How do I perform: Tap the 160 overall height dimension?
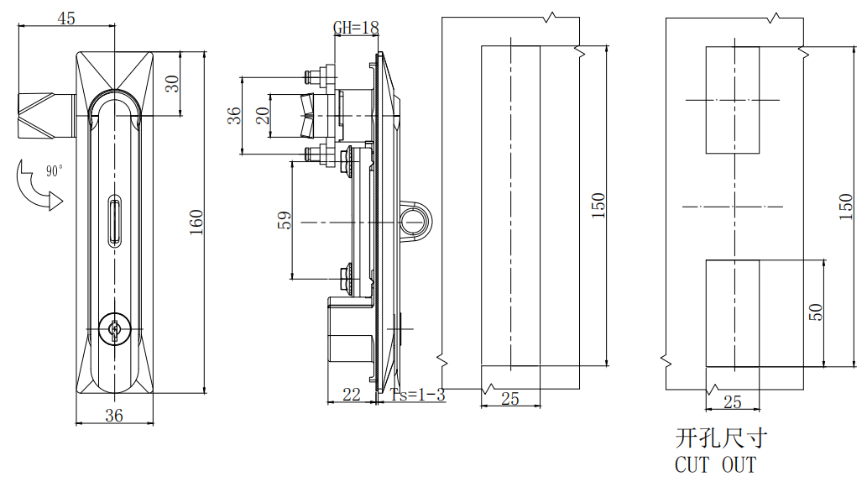(x=195, y=223)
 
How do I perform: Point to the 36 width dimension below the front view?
(x=114, y=414)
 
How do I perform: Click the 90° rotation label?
(x=55, y=171)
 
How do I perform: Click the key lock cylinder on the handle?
(x=113, y=329)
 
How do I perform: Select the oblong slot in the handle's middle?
(x=114, y=221)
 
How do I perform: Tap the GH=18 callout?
(x=356, y=28)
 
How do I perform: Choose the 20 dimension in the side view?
(x=263, y=115)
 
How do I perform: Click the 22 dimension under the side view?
(x=352, y=394)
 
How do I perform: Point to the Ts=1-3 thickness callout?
(x=417, y=395)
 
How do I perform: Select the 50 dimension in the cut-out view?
(x=815, y=312)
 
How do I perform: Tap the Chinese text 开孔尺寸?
(x=721, y=438)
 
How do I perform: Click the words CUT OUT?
(x=715, y=464)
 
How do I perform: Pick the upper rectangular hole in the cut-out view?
(x=732, y=100)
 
